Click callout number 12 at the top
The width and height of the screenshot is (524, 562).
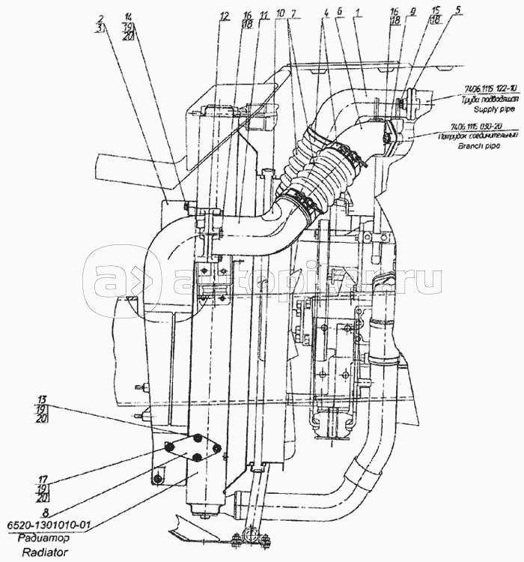click(x=224, y=15)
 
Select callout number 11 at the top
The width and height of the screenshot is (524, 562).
click(x=263, y=15)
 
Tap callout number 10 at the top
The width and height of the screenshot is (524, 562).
click(x=279, y=15)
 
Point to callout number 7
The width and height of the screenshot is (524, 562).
click(x=293, y=15)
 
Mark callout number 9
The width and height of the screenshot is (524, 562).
click(x=412, y=15)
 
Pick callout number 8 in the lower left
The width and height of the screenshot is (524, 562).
click(x=43, y=514)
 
